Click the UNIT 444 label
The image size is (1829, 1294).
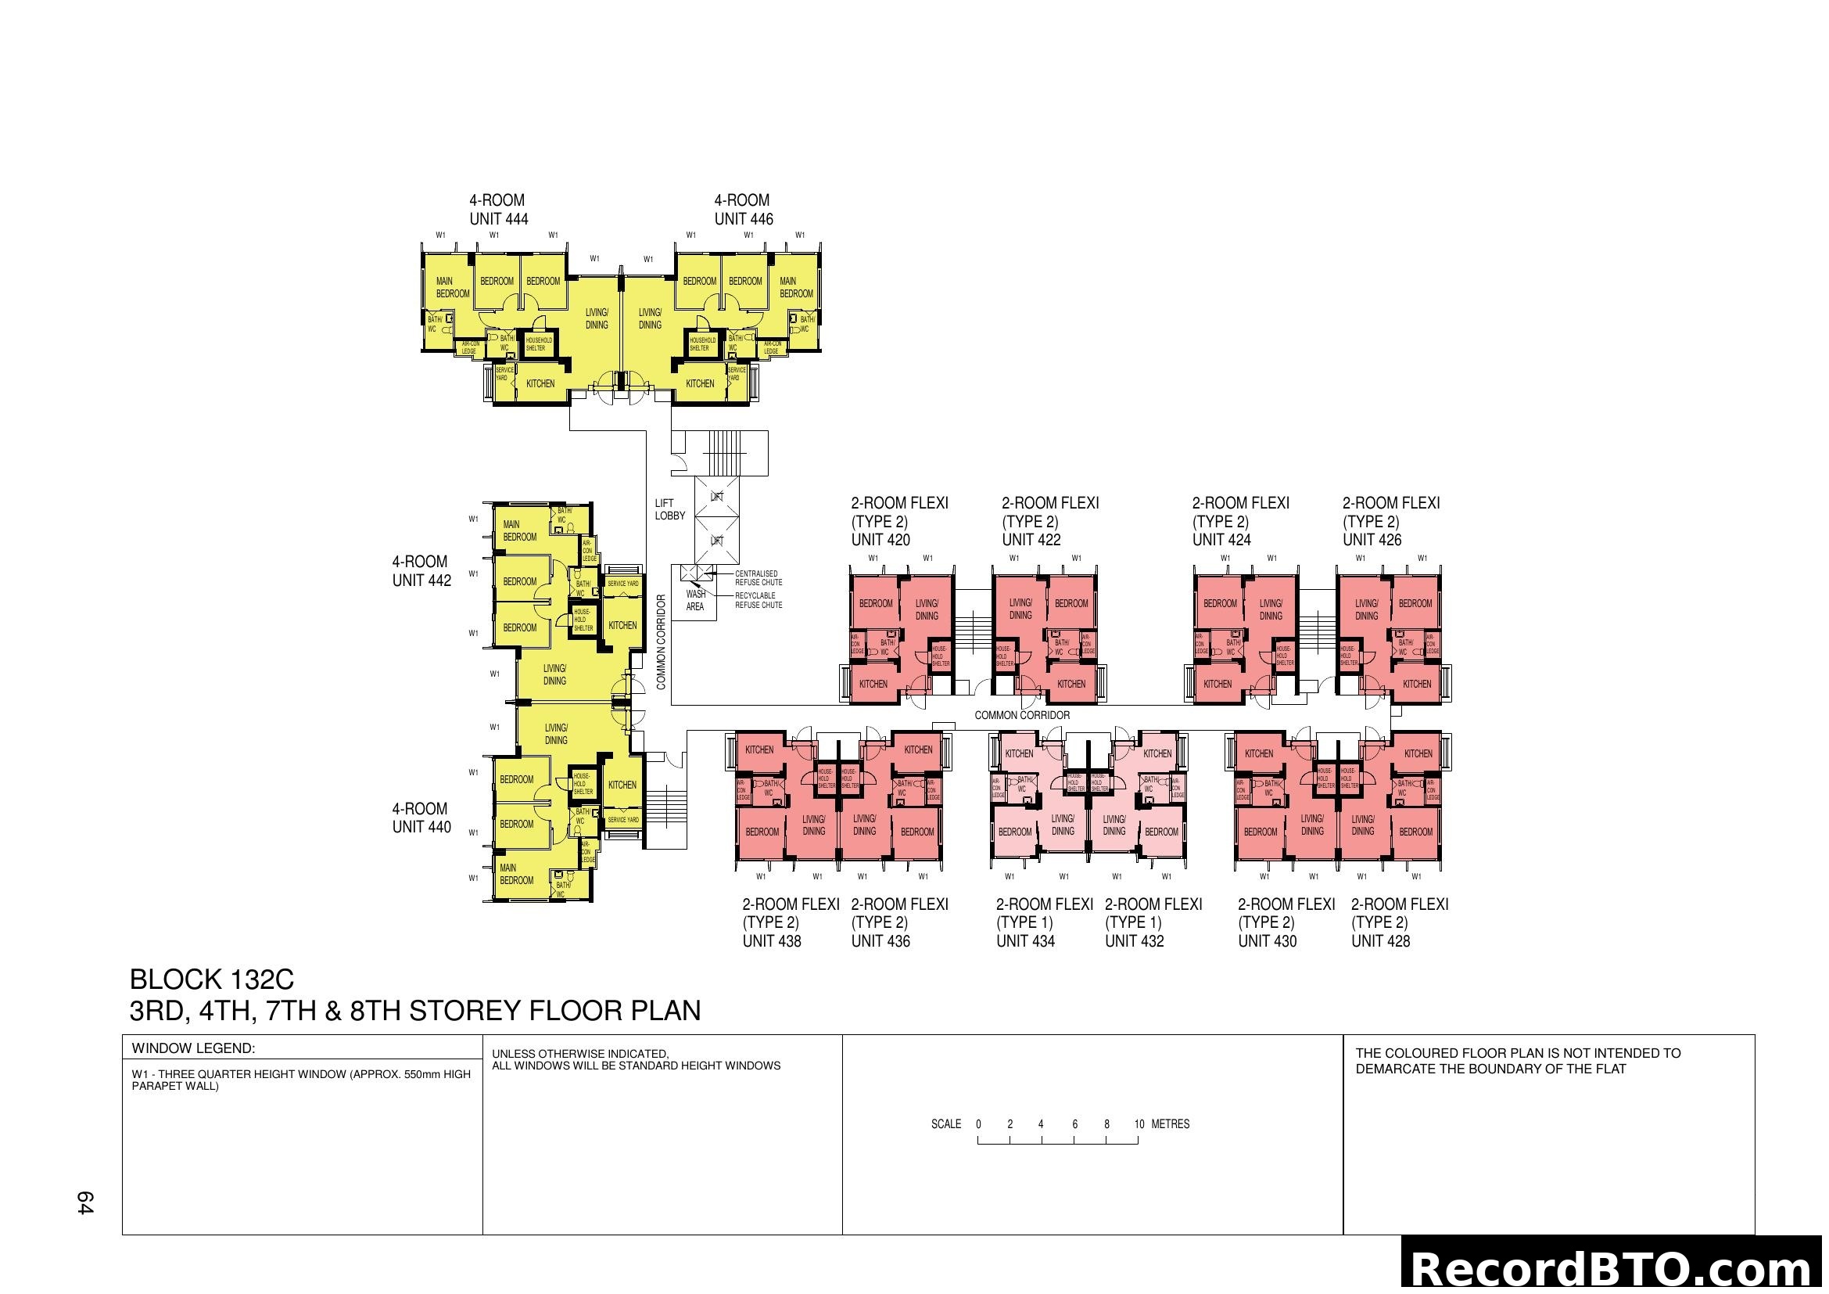[x=499, y=219]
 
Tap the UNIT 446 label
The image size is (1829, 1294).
[x=743, y=219]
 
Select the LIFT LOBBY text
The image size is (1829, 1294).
[x=669, y=509]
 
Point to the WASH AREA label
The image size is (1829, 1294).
[x=695, y=600]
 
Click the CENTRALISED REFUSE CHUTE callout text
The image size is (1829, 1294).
[x=758, y=577]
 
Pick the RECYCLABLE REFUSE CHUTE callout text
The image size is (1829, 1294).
[x=758, y=600]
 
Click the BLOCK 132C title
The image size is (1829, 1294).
[x=212, y=979]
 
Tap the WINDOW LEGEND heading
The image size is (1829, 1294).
[x=193, y=1048]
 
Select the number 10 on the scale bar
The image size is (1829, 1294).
[x=1139, y=1124]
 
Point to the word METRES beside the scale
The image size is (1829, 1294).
[x=1171, y=1124]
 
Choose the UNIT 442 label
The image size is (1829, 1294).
[x=421, y=581]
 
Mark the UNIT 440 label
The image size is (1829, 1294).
[x=421, y=827]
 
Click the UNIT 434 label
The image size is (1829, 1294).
[x=1025, y=941]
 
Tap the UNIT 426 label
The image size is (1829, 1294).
[x=1372, y=540]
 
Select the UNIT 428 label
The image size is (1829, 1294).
[x=1380, y=941]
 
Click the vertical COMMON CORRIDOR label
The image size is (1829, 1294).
[x=662, y=642]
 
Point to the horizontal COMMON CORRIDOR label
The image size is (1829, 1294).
[x=1022, y=716]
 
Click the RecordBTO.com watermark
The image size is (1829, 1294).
[x=1614, y=1268]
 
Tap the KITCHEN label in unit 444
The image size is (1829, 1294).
[x=540, y=383]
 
